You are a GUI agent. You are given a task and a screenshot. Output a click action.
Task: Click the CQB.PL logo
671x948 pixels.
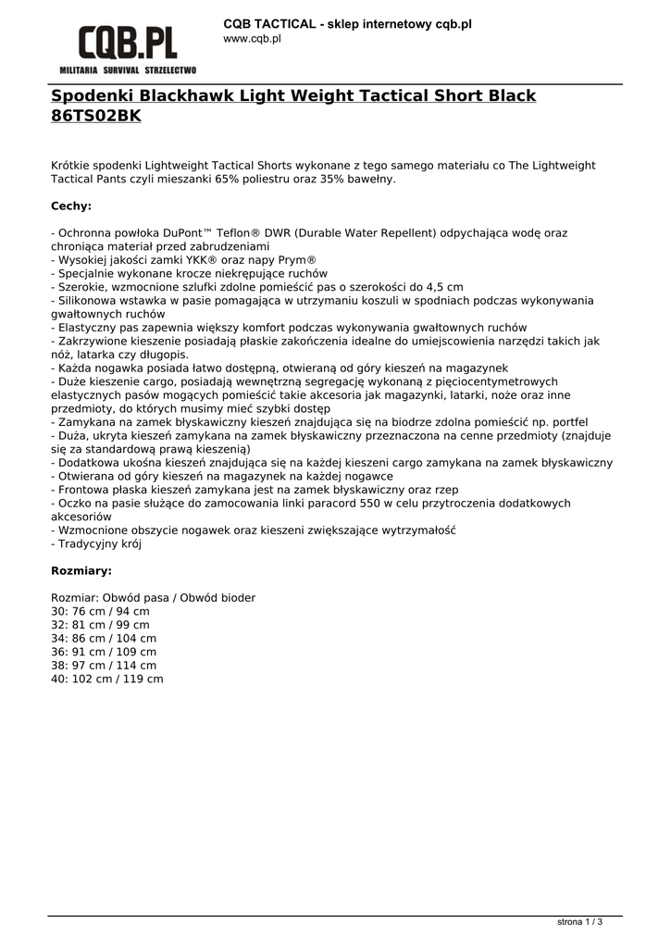pos(128,43)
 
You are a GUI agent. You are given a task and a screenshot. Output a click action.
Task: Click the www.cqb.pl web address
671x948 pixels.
pos(252,39)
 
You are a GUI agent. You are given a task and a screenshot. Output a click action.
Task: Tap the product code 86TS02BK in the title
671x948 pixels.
pos(96,117)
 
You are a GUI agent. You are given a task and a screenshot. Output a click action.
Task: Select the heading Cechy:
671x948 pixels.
pos(71,206)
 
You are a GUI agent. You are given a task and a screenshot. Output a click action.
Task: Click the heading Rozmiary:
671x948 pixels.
pos(81,571)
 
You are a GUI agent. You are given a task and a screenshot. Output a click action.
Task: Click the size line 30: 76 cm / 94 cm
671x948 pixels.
pos(100,612)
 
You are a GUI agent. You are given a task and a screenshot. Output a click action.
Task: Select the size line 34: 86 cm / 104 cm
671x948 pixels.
pos(104,639)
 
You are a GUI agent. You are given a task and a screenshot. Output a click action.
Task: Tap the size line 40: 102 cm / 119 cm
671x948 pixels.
pos(107,679)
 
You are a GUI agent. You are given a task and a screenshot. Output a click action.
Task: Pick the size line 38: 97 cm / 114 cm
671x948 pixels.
pos(104,666)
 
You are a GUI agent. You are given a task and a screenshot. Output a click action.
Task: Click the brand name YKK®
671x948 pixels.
pos(214,261)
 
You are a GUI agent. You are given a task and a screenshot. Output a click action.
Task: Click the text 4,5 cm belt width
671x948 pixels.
pos(443,288)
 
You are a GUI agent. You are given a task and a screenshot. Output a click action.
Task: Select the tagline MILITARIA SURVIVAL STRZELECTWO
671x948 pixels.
pos(128,70)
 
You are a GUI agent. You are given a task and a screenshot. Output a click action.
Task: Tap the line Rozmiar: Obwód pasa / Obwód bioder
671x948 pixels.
pos(154,598)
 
